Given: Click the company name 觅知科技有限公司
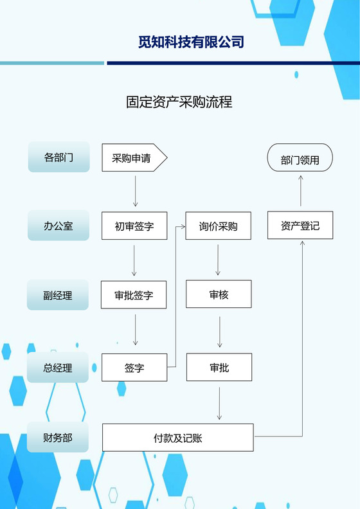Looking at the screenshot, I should tap(191, 42).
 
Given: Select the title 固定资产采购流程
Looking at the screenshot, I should tap(179, 102).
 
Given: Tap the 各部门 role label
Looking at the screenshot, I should tap(59, 157).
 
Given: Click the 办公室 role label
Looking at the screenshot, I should tap(59, 226).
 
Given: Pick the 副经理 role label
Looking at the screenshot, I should tap(59, 296).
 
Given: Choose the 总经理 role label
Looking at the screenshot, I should tap(59, 368).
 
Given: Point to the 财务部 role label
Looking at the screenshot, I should tap(59, 438).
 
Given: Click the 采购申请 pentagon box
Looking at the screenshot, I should tap(134, 158).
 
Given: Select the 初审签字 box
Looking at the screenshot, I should tap(134, 226).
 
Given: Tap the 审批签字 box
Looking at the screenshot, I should tap(134, 296).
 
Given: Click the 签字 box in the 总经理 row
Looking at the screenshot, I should tap(134, 368).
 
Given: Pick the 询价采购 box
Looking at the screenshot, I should tap(218, 226).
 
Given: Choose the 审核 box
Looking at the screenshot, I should tap(219, 295).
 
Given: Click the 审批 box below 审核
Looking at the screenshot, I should tap(219, 368).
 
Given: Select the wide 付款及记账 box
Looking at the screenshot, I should tap(178, 438).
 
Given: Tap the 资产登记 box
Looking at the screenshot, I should tap(300, 226).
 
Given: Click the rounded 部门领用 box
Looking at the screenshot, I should tap(300, 159).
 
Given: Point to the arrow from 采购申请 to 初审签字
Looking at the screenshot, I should tap(135, 191).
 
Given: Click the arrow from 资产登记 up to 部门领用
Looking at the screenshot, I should tap(300, 191).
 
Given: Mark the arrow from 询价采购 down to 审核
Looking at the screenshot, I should tap(219, 260).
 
